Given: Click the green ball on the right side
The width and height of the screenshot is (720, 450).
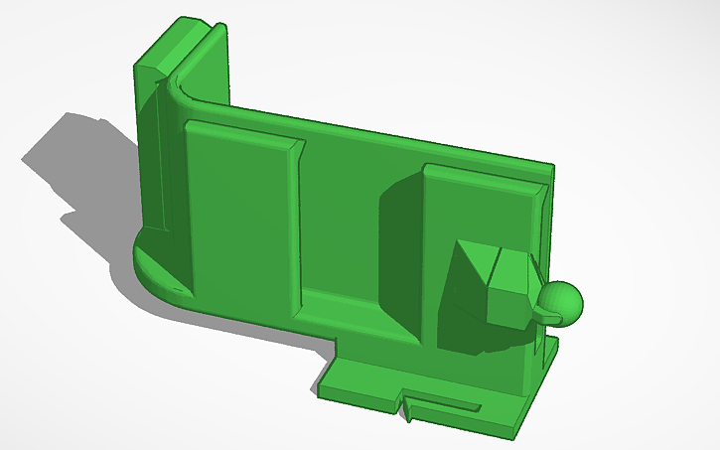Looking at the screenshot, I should (x=561, y=302).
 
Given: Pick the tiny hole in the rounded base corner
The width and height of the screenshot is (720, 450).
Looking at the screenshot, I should (x=179, y=291).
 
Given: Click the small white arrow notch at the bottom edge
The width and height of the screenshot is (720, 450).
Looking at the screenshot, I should (x=408, y=407).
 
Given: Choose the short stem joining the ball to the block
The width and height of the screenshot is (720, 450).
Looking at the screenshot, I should (x=539, y=309).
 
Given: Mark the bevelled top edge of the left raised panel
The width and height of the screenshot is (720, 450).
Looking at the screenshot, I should (x=243, y=132).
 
